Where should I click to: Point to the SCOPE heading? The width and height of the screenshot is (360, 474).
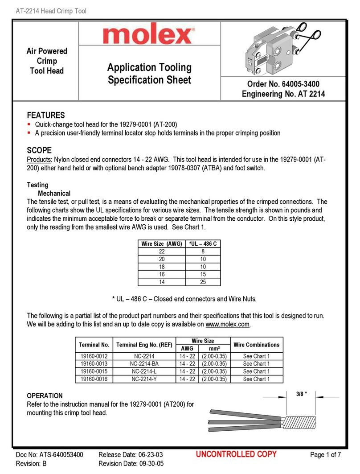pos(39,150)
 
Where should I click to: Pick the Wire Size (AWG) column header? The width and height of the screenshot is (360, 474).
pos(161,244)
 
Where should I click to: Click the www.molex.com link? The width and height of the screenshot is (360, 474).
pos(228,324)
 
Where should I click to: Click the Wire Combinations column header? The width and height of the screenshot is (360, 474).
pos(257,345)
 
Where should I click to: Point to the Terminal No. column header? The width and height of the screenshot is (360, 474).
pos(94,345)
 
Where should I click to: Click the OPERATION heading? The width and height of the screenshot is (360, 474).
pos(45,396)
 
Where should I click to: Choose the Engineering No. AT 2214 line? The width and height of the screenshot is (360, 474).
pos(283,94)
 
